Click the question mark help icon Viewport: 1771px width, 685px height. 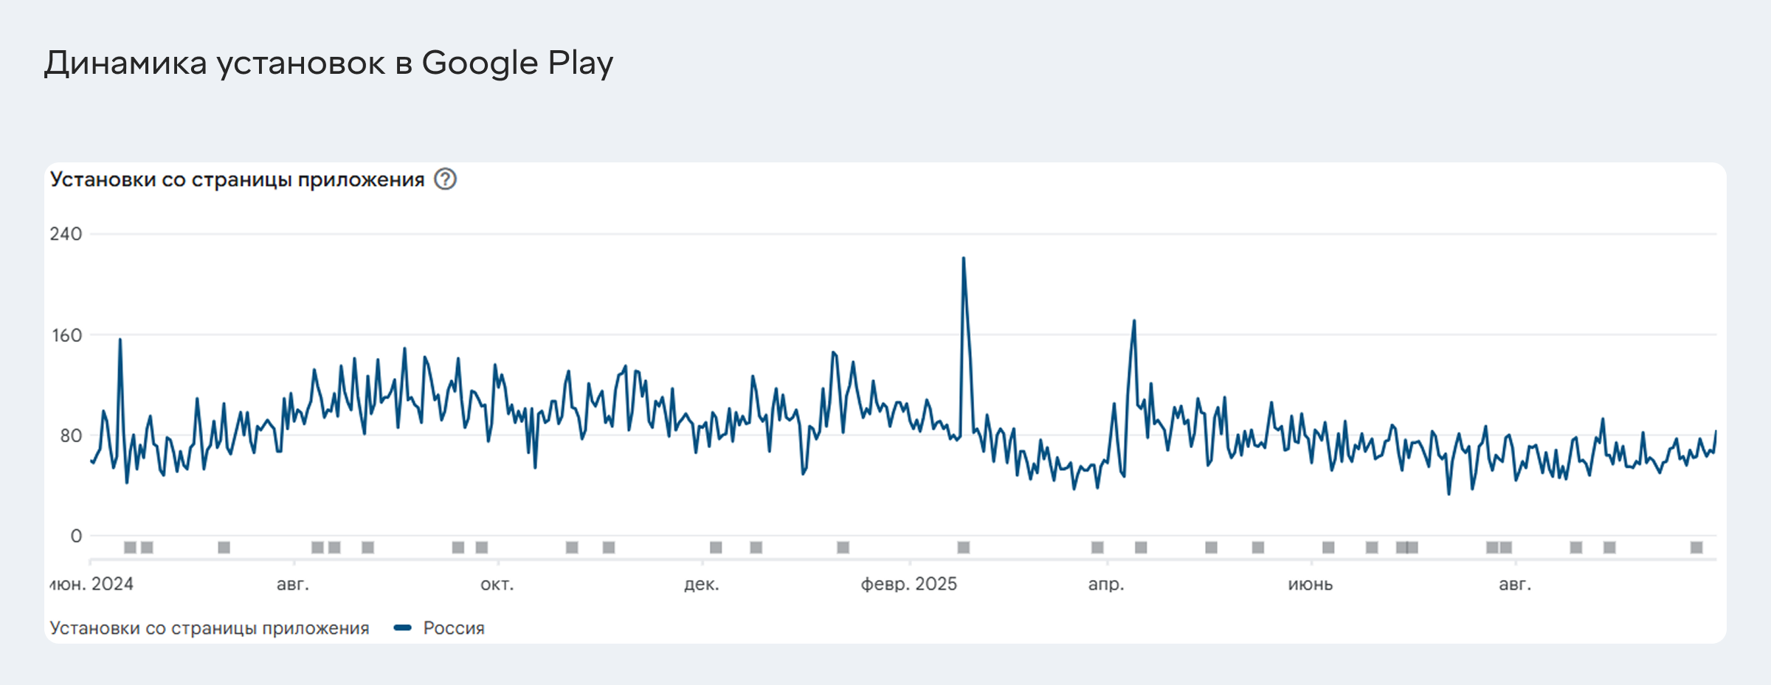(x=445, y=179)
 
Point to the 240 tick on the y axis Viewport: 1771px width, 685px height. (x=66, y=234)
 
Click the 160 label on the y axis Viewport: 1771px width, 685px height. (x=66, y=335)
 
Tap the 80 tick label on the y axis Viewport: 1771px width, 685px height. (x=71, y=436)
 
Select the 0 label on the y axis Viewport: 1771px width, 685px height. (x=76, y=536)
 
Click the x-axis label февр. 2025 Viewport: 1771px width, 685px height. (x=908, y=584)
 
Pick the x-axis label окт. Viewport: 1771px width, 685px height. (x=497, y=584)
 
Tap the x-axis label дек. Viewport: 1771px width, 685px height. (x=701, y=584)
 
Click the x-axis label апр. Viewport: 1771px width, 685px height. (x=1105, y=584)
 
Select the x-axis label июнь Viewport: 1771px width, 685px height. (x=1310, y=584)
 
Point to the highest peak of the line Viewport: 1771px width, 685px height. (x=963, y=258)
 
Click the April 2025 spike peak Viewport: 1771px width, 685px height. (x=1134, y=321)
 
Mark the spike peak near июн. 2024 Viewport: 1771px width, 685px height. (x=120, y=340)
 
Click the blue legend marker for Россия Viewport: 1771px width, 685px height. (x=402, y=628)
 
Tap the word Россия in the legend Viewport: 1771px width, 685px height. (x=454, y=628)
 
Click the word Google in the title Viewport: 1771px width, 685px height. (x=480, y=63)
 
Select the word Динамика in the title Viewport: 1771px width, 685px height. (x=125, y=63)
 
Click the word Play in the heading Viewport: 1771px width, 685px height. (x=580, y=63)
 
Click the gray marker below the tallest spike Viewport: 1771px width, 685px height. (x=963, y=547)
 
